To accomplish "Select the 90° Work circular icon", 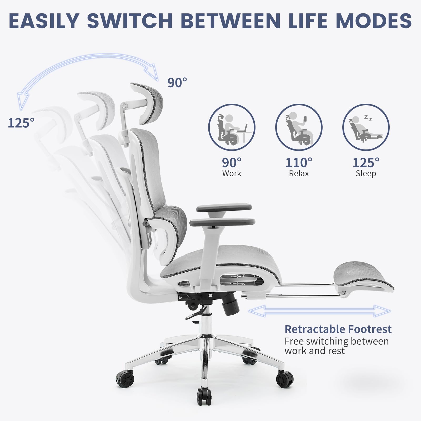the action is pyautogui.click(x=232, y=127).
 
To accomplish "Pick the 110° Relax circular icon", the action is pyautogui.click(x=299, y=127).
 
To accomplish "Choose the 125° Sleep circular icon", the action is pyautogui.click(x=366, y=127).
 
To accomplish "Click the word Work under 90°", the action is pyautogui.click(x=232, y=173).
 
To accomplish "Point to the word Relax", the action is pyautogui.click(x=299, y=173).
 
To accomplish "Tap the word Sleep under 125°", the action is pyautogui.click(x=366, y=174).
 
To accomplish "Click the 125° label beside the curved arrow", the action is pyautogui.click(x=21, y=123).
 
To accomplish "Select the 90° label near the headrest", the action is pyautogui.click(x=177, y=83).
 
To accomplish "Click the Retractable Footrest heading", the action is pyautogui.click(x=338, y=329).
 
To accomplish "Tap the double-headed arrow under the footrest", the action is pyautogui.click(x=319, y=311).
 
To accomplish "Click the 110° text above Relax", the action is pyautogui.click(x=299, y=163).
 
